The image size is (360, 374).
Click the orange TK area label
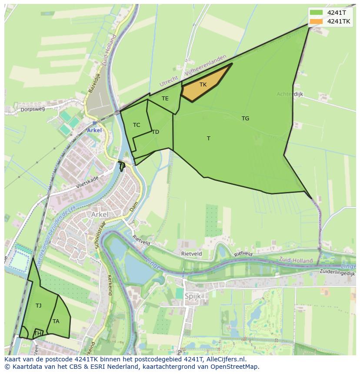pyautogui.click(x=203, y=85)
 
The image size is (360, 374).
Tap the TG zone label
pyautogui.click(x=246, y=118)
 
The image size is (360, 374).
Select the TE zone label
pyautogui.click(x=165, y=99)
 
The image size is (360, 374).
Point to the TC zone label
pyautogui.click(x=137, y=125)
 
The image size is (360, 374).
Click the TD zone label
pyautogui.click(x=156, y=132)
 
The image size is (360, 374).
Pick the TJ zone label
pyautogui.click(x=39, y=306)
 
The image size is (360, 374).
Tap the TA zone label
pyautogui.click(x=56, y=321)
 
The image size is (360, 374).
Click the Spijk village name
pyautogui.click(x=193, y=296)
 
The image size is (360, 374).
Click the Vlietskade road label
pyautogui.click(x=87, y=181)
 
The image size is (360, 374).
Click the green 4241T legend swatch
pyautogui.click(x=316, y=13)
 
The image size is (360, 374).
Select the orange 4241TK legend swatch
pyautogui.click(x=316, y=21)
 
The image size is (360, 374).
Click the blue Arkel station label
pyautogui.click(x=94, y=130)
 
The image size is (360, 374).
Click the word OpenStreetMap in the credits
pyautogui.click(x=235, y=367)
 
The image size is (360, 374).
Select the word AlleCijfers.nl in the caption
pyautogui.click(x=225, y=359)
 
